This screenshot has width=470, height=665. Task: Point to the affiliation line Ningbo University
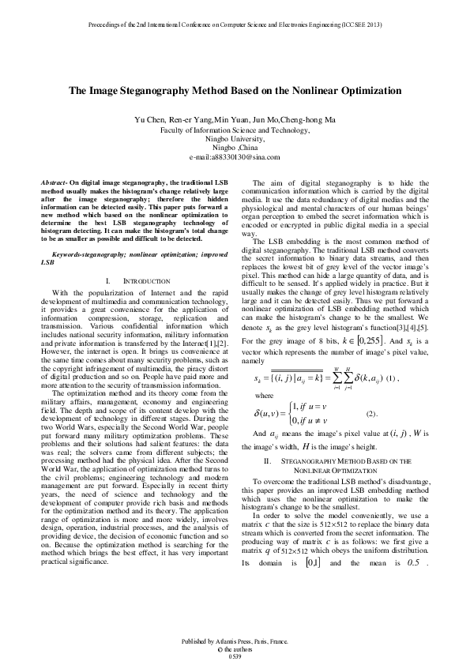tap(235, 137)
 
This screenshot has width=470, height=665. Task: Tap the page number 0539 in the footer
tap(235, 656)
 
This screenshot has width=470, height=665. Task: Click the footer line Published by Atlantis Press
tap(235, 641)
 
